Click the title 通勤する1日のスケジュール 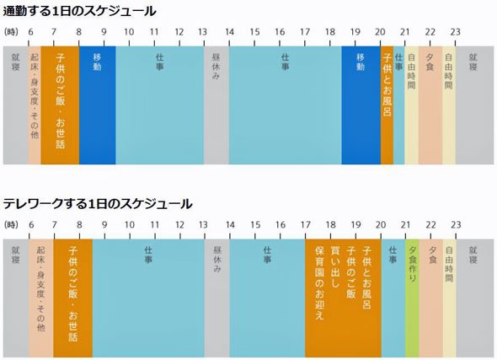(x=79, y=12)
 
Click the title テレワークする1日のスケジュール (x=98, y=204)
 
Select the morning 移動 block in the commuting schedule (x=98, y=105)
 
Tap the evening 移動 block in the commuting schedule (x=361, y=105)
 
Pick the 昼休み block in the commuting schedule (x=216, y=105)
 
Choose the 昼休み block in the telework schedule (x=217, y=298)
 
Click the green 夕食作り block (x=413, y=298)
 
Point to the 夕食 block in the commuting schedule (x=430, y=105)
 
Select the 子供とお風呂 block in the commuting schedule (x=387, y=105)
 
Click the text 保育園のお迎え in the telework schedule (x=320, y=282)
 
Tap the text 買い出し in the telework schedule (x=335, y=266)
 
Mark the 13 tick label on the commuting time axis (x=202, y=32)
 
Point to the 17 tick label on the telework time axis (x=306, y=225)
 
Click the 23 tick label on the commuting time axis (x=456, y=32)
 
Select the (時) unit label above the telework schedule (x=12, y=225)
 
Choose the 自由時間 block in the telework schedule (x=450, y=298)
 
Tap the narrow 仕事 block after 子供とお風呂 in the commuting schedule (x=399, y=105)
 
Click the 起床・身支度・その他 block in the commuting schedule (x=35, y=105)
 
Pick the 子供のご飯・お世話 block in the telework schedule (x=73, y=298)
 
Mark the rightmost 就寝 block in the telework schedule (x=475, y=298)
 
